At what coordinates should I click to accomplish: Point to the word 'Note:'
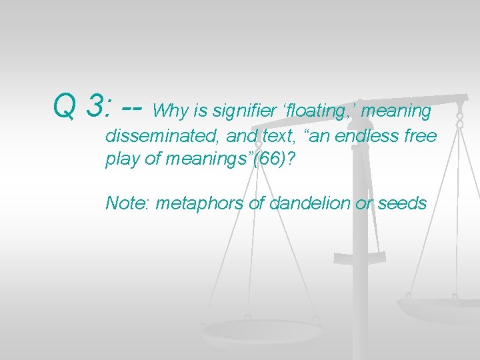pos(127,203)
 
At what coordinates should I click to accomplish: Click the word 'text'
pos(271,137)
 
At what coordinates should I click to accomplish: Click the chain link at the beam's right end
pos(459,120)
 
